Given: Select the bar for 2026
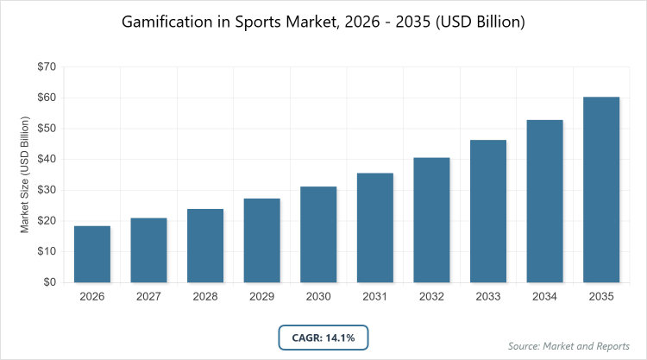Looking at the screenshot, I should [x=92, y=254].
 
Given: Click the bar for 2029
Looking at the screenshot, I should [x=261, y=240].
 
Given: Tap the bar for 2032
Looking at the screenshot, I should [x=431, y=219].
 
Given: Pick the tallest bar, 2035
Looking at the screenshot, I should [x=601, y=189].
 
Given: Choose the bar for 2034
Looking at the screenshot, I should [x=544, y=200].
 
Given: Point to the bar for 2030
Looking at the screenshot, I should [x=318, y=234].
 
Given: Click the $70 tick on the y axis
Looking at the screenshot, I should [x=45, y=66].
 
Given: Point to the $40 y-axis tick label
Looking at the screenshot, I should [x=45, y=159].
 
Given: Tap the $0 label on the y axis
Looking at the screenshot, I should [x=48, y=282].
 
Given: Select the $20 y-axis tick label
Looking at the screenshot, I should [x=45, y=221].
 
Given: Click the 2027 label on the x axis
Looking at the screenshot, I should [x=148, y=297].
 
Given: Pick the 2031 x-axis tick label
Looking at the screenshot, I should [x=374, y=297].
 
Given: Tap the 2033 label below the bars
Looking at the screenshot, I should [x=488, y=297].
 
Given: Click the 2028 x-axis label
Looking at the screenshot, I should [x=205, y=297].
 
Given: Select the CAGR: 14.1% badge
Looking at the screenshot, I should [x=323, y=337].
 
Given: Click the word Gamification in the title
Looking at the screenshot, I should [x=168, y=22].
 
